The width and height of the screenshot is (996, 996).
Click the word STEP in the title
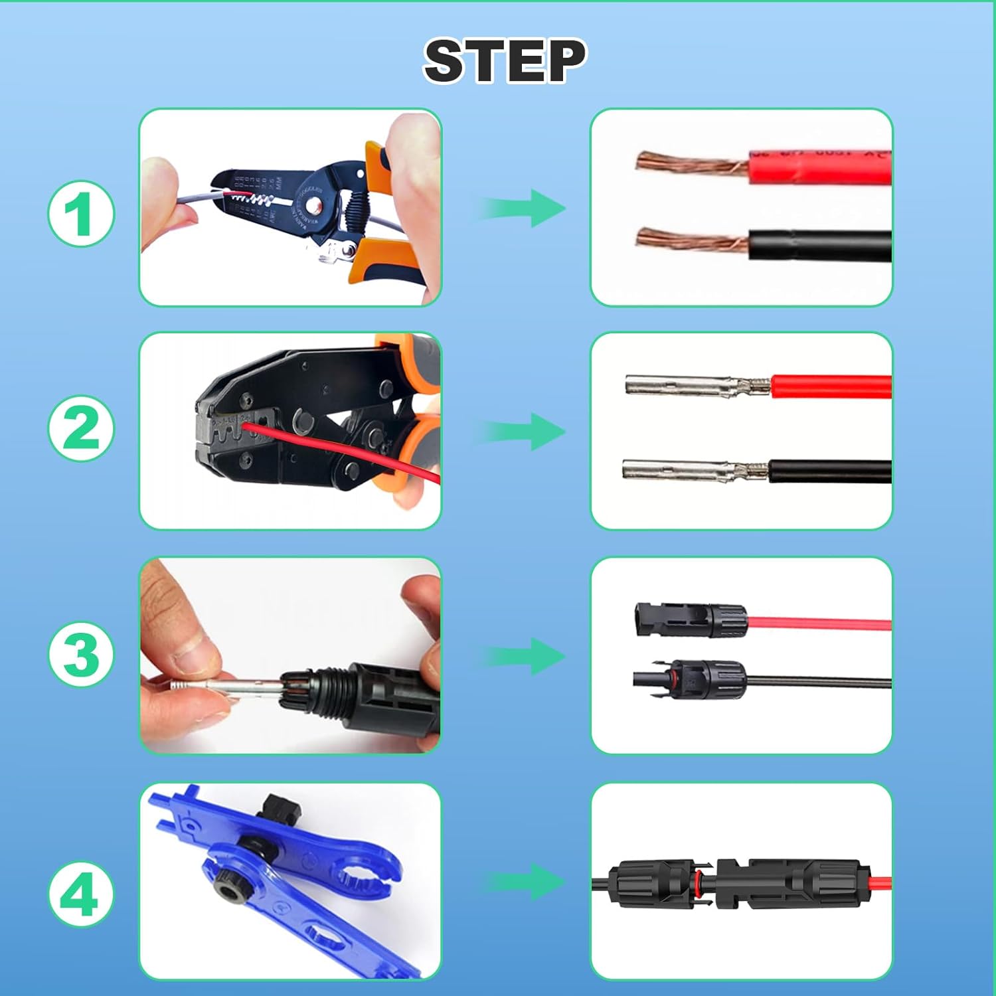505,60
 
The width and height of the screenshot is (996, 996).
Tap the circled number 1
81,214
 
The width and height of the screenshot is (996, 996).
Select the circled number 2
81,429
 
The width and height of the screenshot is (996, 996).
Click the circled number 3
81,655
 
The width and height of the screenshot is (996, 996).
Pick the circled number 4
81,894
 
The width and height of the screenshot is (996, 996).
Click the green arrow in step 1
525,208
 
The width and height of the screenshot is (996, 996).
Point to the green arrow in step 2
525,432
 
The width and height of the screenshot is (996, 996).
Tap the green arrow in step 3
525,657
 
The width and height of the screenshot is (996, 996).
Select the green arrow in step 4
525,882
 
